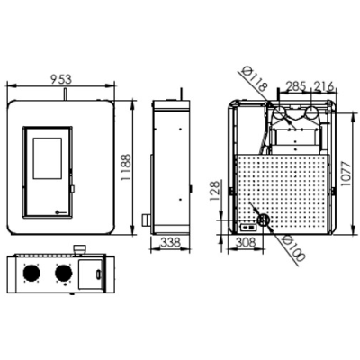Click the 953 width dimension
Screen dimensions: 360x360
pos(61,79)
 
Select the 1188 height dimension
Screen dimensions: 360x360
pos(126,167)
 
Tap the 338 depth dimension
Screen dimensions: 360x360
pos(170,242)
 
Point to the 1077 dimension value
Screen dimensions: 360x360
pos(346,174)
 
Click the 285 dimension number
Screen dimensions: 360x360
pos(295,86)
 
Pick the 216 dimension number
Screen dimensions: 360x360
pos(323,86)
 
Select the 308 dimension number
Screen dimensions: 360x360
pos(246,242)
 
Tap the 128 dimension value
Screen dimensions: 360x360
pos(215,191)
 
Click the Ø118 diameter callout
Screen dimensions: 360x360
pos(255,78)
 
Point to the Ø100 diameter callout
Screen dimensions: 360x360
pos(293,248)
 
